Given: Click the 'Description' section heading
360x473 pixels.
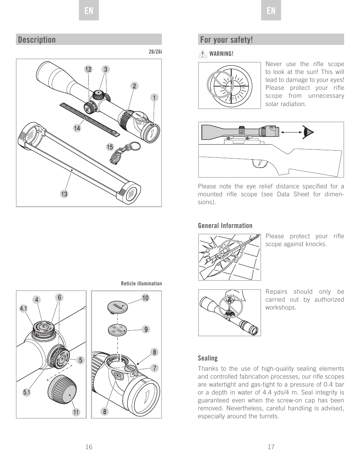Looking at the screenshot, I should [x=37, y=40].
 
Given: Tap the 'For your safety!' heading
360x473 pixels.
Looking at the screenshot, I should [x=226, y=40].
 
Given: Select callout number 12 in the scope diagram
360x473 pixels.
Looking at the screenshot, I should [x=88, y=69].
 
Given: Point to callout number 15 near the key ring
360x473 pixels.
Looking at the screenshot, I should [x=110, y=147].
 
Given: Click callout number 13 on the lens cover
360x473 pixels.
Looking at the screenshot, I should [x=64, y=194].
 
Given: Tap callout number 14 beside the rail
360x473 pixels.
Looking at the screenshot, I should [x=77, y=128].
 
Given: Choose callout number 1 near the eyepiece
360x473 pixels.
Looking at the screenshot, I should [x=154, y=98].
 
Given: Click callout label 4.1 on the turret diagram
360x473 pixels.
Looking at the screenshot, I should [x=24, y=309].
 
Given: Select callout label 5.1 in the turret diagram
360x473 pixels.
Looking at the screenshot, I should [x=26, y=393].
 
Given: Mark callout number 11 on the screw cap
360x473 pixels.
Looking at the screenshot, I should [x=76, y=412].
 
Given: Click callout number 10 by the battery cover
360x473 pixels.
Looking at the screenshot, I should [x=145, y=298].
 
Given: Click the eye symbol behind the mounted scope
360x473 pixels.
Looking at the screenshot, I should [x=309, y=132].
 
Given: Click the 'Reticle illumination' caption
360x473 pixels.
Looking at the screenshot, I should [x=141, y=283].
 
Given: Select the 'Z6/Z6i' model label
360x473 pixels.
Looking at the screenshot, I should [x=155, y=52].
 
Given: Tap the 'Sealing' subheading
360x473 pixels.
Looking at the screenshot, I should [x=208, y=358].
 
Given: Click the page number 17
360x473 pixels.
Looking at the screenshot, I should [x=271, y=447].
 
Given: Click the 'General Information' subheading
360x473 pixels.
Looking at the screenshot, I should [x=225, y=226].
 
